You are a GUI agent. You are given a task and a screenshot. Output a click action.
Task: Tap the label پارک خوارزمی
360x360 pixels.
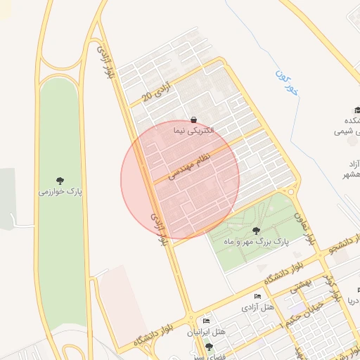click(x=60, y=191)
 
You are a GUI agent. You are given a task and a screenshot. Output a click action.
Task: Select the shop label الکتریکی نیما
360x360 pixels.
click(x=192, y=131)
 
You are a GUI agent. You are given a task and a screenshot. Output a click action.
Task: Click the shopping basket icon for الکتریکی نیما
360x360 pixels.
click(x=193, y=120)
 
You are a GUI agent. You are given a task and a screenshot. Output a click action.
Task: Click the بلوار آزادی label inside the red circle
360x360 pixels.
click(x=158, y=226)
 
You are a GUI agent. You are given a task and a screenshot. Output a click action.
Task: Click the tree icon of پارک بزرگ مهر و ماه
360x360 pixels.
click(x=255, y=230)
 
